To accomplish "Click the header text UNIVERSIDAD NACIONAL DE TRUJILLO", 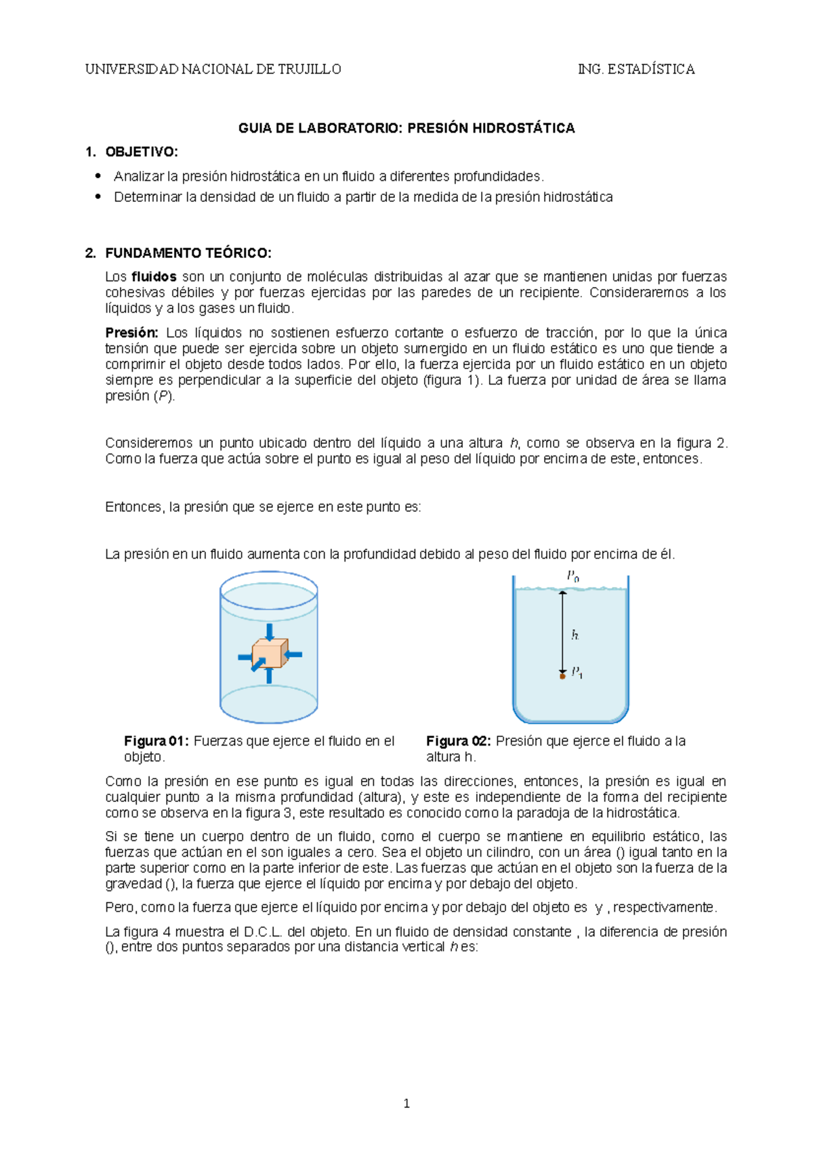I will click(213, 69).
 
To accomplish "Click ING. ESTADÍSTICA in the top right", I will click(635, 69).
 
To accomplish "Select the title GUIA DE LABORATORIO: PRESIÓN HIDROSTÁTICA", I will click(406, 128).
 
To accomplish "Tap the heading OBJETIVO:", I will click(142, 152).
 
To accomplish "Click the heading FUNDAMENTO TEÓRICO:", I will click(188, 253).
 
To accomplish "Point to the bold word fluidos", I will click(154, 276).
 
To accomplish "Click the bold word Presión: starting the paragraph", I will click(131, 333).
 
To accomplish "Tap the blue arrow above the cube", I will click(270, 632).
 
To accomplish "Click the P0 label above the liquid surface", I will click(572, 576).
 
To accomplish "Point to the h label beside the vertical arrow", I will click(575, 635).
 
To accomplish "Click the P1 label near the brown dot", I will click(577, 673).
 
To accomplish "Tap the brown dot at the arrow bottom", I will click(562, 676).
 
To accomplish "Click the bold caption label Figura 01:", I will click(157, 741).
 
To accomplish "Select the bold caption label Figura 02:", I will click(459, 741).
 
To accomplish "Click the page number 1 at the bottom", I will click(406, 1103).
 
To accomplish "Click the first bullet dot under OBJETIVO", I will click(99, 176).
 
